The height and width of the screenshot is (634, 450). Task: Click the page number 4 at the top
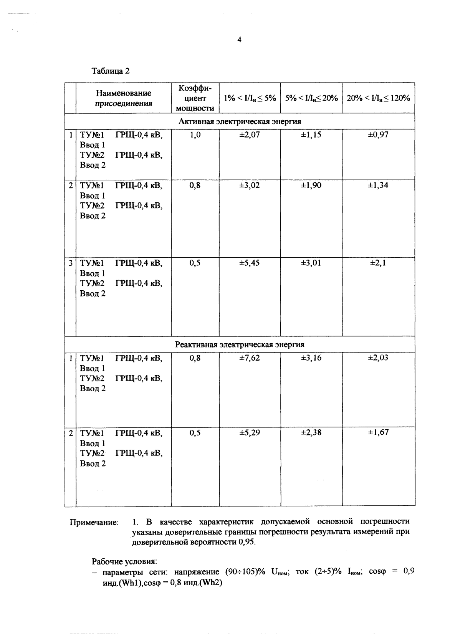click(239, 40)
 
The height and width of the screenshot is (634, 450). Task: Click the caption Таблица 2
click(111, 71)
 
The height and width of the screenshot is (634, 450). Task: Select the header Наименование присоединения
click(123, 98)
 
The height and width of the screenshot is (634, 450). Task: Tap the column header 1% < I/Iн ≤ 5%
click(250, 98)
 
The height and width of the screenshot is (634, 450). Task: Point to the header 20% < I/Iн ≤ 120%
click(379, 98)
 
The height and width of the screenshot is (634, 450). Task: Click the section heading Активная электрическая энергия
click(240, 121)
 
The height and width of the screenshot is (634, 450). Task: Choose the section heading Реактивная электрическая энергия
click(240, 344)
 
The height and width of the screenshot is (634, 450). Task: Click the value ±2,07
click(250, 135)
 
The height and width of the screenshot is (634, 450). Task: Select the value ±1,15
click(311, 135)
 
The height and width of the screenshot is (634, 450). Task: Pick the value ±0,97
click(378, 135)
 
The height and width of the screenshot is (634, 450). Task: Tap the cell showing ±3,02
click(250, 185)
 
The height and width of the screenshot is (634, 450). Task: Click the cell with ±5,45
click(250, 263)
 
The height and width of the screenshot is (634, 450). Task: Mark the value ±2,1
click(378, 263)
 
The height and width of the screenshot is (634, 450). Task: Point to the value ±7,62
click(250, 358)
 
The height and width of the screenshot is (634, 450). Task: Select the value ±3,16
click(311, 358)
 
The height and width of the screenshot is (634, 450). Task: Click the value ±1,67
click(378, 433)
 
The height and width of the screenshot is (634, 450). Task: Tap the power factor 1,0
click(195, 135)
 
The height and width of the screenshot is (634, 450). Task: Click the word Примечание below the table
click(94, 523)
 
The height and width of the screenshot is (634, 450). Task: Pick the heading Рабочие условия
click(124, 561)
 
